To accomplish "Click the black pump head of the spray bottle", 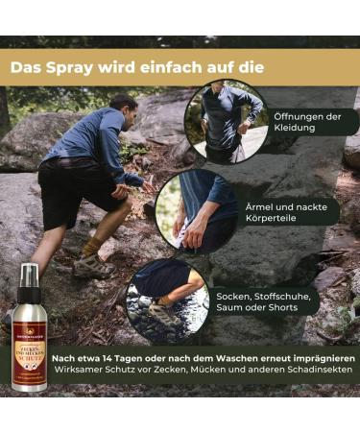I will [x=28, y=278].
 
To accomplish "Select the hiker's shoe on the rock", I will [x=92, y=267].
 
